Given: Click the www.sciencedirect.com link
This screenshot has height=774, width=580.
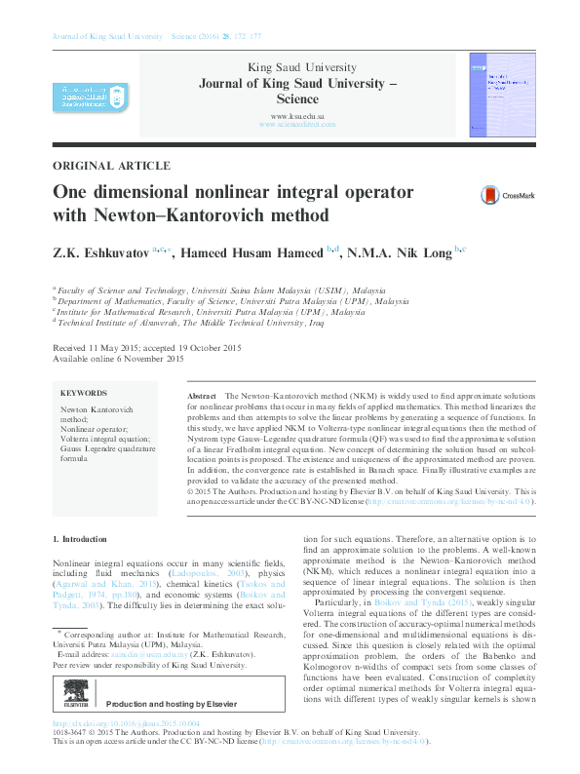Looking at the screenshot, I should (297, 125).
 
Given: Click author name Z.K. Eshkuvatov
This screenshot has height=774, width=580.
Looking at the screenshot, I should (100, 252).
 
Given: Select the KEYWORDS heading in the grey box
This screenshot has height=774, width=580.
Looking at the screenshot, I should (84, 394).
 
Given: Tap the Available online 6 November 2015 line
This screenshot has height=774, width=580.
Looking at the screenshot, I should (118, 359).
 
